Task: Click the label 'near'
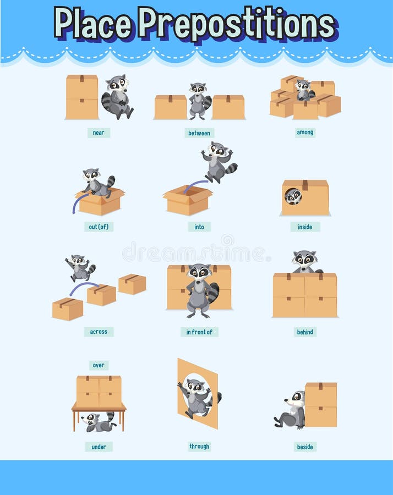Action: (99, 133)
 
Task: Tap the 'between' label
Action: (199, 133)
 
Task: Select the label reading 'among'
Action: (305, 133)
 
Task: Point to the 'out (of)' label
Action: (99, 227)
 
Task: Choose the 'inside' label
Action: (305, 227)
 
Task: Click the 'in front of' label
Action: (199, 332)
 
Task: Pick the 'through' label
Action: (199, 447)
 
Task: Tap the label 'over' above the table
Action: (99, 365)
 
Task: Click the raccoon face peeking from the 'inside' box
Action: (293, 196)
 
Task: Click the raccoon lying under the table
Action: (99, 422)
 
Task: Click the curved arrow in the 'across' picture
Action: (84, 288)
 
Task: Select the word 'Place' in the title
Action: (94, 23)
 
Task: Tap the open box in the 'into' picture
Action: (188, 201)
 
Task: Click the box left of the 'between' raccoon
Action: (171, 107)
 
